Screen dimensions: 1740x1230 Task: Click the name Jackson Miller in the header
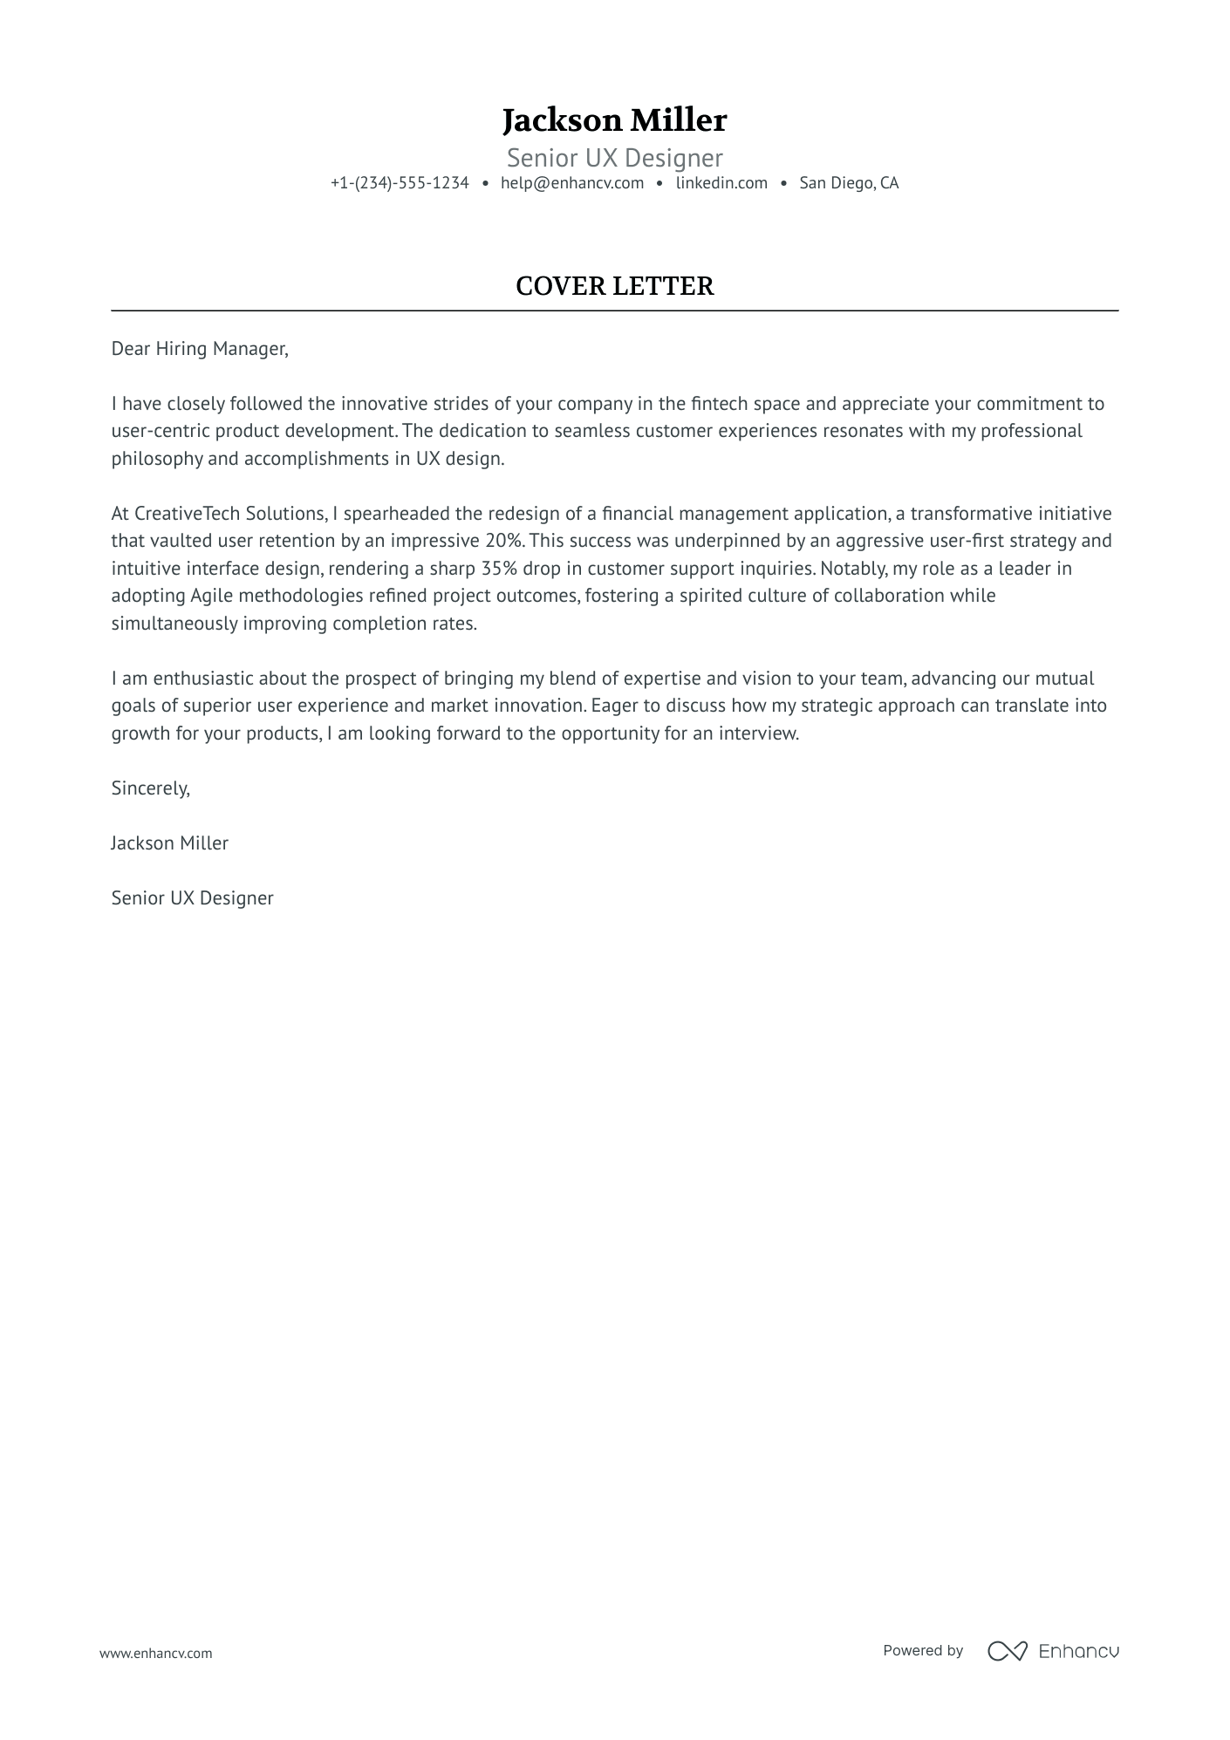tap(614, 120)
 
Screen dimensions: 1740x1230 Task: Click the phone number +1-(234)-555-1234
tap(400, 183)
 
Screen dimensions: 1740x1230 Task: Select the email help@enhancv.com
tap(571, 183)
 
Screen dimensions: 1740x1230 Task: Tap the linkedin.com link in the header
tap(721, 183)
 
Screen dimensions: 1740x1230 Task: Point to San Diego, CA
tap(848, 183)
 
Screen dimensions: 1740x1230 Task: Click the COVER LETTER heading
tap(614, 286)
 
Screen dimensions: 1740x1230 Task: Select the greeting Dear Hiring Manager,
tap(200, 349)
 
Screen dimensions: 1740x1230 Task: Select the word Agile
tap(211, 596)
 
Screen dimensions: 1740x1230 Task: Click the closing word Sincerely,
tap(150, 788)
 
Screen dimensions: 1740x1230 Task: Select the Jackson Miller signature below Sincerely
tap(169, 843)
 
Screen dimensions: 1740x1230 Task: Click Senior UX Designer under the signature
tap(192, 898)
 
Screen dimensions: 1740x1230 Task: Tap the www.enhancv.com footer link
tap(155, 1653)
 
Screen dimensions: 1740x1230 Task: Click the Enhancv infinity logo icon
tap(1007, 1650)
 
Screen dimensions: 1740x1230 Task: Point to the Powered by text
tap(922, 1650)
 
